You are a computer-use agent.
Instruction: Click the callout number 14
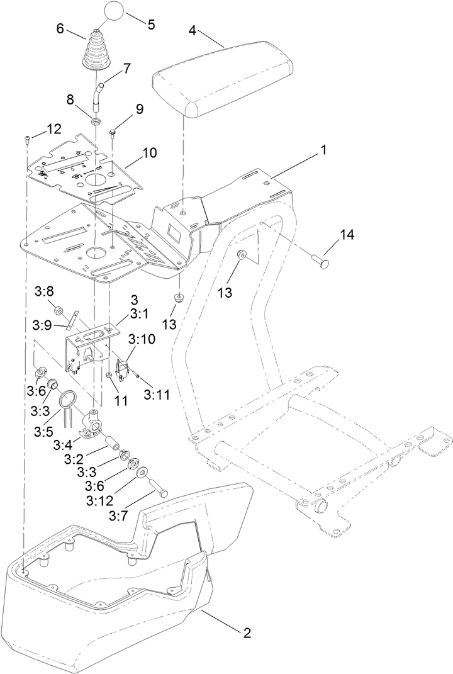point(347,235)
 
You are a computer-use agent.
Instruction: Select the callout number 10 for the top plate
point(150,152)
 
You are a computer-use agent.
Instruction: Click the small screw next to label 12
point(28,139)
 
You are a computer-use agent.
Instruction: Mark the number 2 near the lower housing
point(247,632)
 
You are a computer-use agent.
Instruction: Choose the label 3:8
point(45,291)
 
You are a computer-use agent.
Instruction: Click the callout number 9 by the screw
point(138,109)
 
